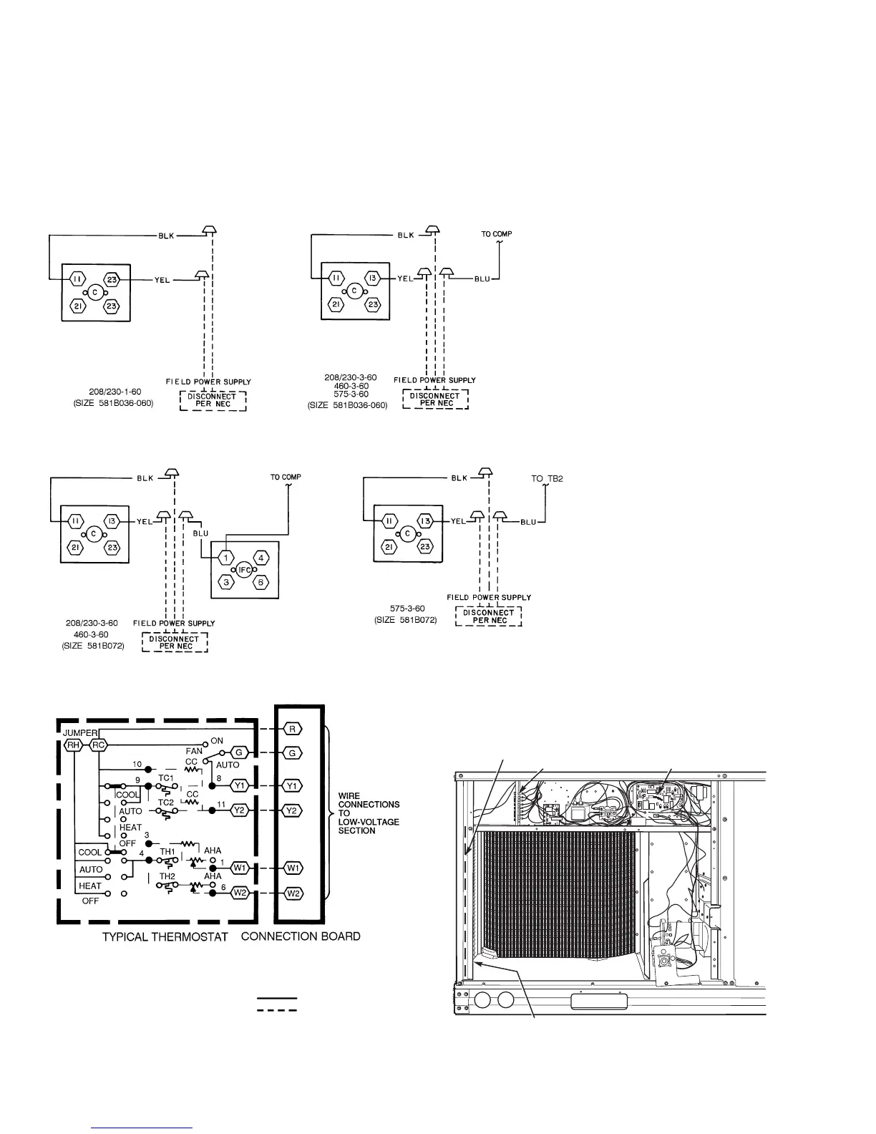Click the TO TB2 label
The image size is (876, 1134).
(x=547, y=479)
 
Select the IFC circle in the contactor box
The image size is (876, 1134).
(x=244, y=570)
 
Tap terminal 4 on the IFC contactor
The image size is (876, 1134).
(x=262, y=557)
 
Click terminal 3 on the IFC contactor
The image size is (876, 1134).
(x=226, y=583)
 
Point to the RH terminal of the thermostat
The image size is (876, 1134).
(x=73, y=745)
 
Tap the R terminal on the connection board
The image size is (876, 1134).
(x=293, y=729)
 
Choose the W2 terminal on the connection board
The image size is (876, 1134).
(x=293, y=893)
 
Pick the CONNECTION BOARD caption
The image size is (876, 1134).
(x=301, y=936)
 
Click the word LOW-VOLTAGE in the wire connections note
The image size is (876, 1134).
(x=369, y=822)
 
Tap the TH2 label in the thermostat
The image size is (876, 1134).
(x=167, y=876)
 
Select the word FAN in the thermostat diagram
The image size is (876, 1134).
(x=194, y=751)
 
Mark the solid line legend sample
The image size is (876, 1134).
(x=277, y=997)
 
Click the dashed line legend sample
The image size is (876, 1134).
(x=277, y=1010)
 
